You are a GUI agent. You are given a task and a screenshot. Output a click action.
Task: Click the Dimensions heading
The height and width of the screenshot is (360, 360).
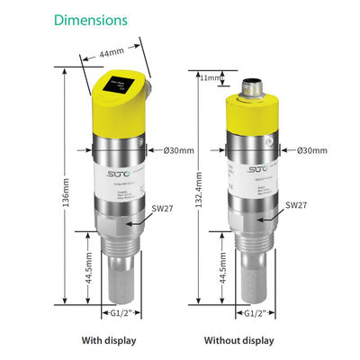(x=90, y=19)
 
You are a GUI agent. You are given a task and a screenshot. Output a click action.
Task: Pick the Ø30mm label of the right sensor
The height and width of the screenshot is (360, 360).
(x=305, y=149)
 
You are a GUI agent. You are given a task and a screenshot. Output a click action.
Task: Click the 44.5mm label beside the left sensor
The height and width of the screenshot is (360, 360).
(x=88, y=267)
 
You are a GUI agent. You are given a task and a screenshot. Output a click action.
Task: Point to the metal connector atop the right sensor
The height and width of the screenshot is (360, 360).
(x=252, y=90)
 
